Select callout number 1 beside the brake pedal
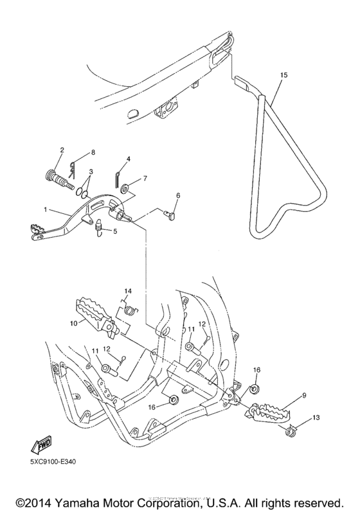(45, 209)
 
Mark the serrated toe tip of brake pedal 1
(35, 230)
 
